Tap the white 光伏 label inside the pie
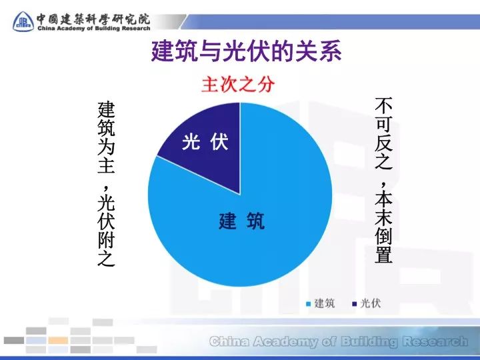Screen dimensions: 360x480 coord(205,142)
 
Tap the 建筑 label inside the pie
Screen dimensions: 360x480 coord(241,221)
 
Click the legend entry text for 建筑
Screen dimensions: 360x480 coord(325,303)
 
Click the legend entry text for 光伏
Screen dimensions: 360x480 coord(370,303)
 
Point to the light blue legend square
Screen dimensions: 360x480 coord(309,304)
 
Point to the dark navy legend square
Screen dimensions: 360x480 coord(354,304)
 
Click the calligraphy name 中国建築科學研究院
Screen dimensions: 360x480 coord(93,17)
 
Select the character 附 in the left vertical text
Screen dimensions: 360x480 coord(106,239)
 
